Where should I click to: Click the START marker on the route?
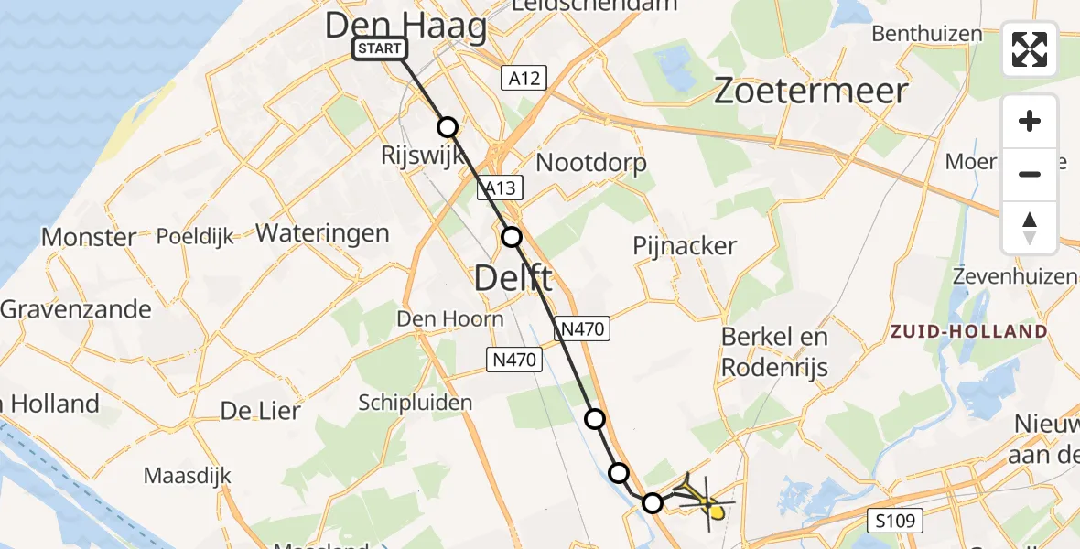pos(380,48)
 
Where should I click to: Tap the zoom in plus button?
pos(1030,122)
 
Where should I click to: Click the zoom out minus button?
pos(1030,174)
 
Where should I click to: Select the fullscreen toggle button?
pos(1030,49)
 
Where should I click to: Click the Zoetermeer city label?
pos(810,91)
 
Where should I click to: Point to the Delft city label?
pos(513,277)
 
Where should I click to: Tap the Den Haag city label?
pos(406,26)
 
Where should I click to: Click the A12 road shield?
pos(524,79)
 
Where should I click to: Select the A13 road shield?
pos(501,188)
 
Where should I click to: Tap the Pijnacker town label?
pos(685,246)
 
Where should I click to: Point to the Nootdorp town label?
pos(591,163)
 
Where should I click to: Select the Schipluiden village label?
pos(416,403)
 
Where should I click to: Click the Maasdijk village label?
pos(188,476)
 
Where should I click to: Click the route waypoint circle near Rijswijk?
pos(447,127)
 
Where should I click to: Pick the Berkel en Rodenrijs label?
pos(774,351)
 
